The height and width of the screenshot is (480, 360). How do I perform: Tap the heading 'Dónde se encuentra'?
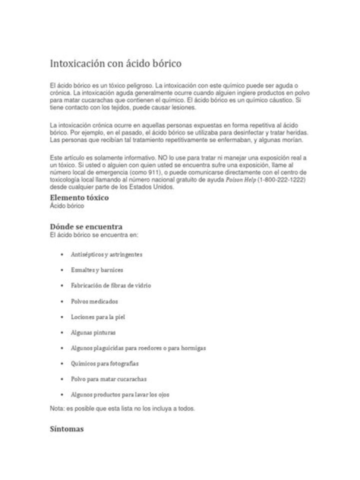[x=86, y=226]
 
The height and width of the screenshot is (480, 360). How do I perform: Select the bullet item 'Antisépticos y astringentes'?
[x=106, y=254]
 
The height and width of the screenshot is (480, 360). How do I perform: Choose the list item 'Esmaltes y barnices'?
[x=97, y=270]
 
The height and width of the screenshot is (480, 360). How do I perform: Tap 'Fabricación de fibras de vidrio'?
[x=111, y=285]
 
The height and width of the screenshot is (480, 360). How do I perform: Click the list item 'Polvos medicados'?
[x=94, y=301]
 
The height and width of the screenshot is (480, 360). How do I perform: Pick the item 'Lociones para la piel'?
[x=97, y=317]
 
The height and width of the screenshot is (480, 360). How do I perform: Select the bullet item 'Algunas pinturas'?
[x=93, y=332]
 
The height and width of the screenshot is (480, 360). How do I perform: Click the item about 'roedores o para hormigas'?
[x=138, y=348]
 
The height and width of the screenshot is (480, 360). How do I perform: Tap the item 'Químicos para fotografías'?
[x=105, y=363]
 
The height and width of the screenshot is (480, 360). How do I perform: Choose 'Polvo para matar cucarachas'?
[x=109, y=379]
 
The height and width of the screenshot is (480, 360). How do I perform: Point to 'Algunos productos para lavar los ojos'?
[x=120, y=394]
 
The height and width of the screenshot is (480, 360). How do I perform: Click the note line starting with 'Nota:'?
[x=122, y=408]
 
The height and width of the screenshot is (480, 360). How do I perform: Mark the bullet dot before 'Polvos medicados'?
[x=61, y=301]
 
